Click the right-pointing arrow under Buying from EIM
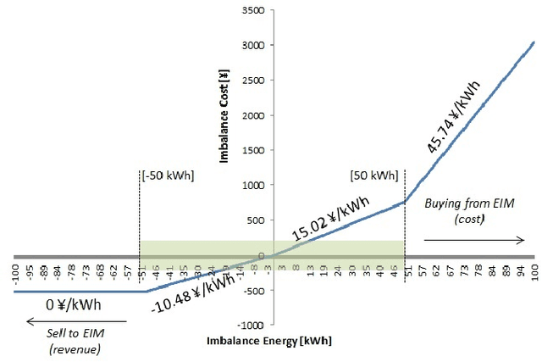coord(474,240)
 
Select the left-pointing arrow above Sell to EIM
coord(75,321)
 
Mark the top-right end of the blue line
coord(534,41)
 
